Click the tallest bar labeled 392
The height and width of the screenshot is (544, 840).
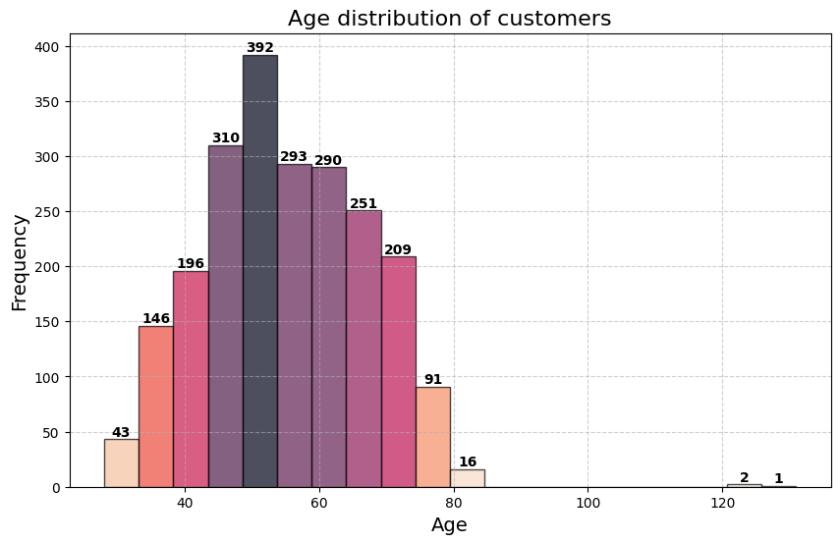(259, 271)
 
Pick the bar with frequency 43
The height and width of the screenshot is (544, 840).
(121, 462)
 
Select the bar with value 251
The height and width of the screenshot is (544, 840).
(364, 349)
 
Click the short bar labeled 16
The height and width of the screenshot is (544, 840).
(468, 478)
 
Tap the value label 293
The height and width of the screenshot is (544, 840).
(294, 157)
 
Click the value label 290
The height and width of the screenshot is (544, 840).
(328, 160)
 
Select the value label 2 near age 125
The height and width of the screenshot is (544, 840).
(744, 477)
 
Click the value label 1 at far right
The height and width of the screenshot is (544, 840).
(778, 479)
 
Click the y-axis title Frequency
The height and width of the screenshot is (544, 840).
(21, 262)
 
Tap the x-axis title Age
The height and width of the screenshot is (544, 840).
(449, 525)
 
